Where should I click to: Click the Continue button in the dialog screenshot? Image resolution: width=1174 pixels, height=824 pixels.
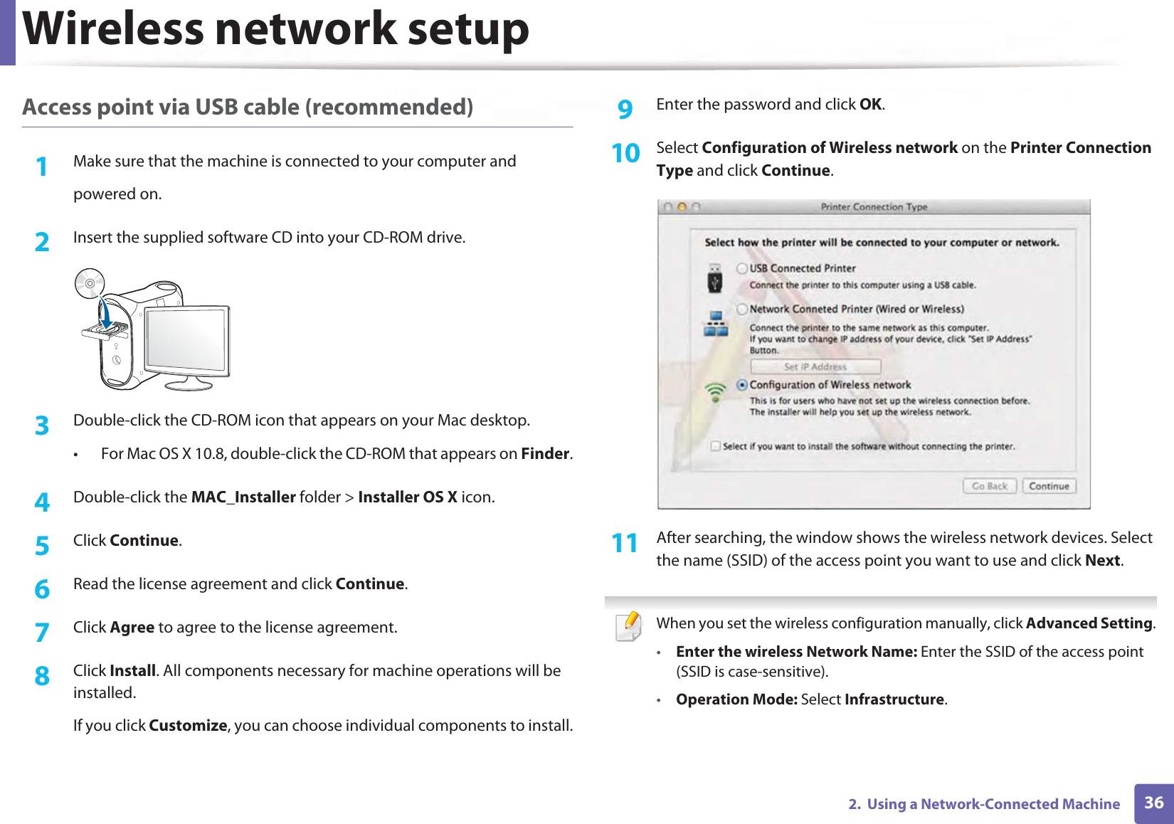pos(1049,486)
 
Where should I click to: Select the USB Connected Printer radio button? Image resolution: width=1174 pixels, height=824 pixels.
pos(742,268)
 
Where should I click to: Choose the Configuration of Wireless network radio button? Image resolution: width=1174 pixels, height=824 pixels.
pos(742,385)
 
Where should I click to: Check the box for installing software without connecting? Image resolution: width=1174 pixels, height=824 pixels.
pos(715,446)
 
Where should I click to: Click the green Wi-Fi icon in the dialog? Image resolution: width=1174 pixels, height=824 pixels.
pos(715,391)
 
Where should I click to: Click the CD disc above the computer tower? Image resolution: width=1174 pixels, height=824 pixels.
pos(90,284)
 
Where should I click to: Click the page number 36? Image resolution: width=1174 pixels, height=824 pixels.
pos(1153,803)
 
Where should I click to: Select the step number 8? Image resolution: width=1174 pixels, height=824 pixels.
pos(42,675)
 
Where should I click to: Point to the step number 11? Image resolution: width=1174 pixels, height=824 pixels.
pos(625,543)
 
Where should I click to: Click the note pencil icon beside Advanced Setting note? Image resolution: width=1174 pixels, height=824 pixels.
pos(628,626)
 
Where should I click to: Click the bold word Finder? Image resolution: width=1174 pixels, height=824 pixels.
pos(545,453)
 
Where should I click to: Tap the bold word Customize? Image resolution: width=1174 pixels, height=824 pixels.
pos(188,725)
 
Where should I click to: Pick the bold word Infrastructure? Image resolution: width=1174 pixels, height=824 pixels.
pos(894,699)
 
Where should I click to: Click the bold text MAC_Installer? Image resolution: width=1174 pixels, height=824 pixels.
pos(243,497)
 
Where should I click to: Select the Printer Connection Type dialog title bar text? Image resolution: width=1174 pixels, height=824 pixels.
pos(874,207)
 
